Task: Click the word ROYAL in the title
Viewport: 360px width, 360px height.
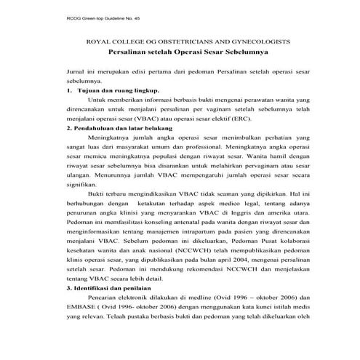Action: [x=99, y=44]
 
